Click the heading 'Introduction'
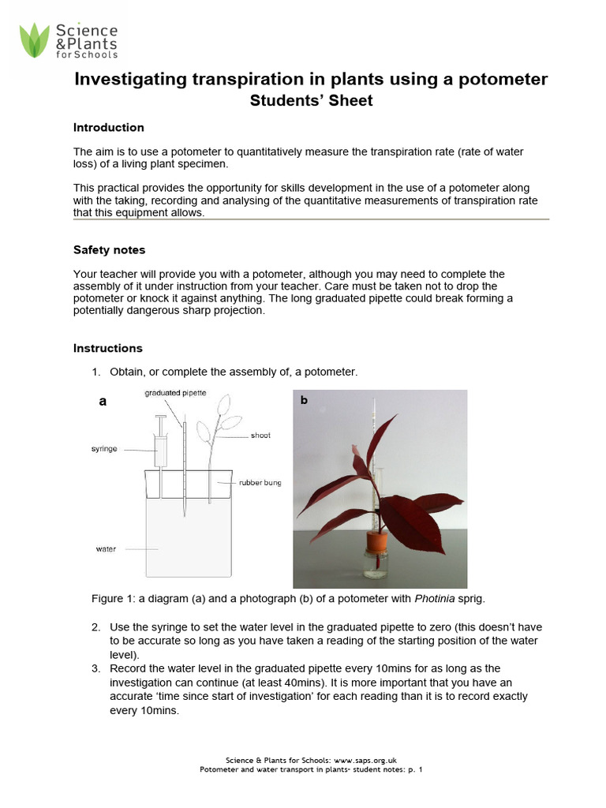pos(108,128)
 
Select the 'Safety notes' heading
pos(109,250)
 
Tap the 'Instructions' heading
pos(108,348)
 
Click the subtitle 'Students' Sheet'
pos(311,101)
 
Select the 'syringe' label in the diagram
pos(104,448)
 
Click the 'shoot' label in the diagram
pos(260,435)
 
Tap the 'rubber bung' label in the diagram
pos(260,483)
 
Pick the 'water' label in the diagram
pos(106,549)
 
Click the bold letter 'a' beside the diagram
pos(102,402)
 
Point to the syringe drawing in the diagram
pos(161,445)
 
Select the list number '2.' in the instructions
pos(95,627)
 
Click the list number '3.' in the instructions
pos(95,668)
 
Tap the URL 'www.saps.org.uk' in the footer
pos(380,761)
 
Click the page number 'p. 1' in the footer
pos(416,769)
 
